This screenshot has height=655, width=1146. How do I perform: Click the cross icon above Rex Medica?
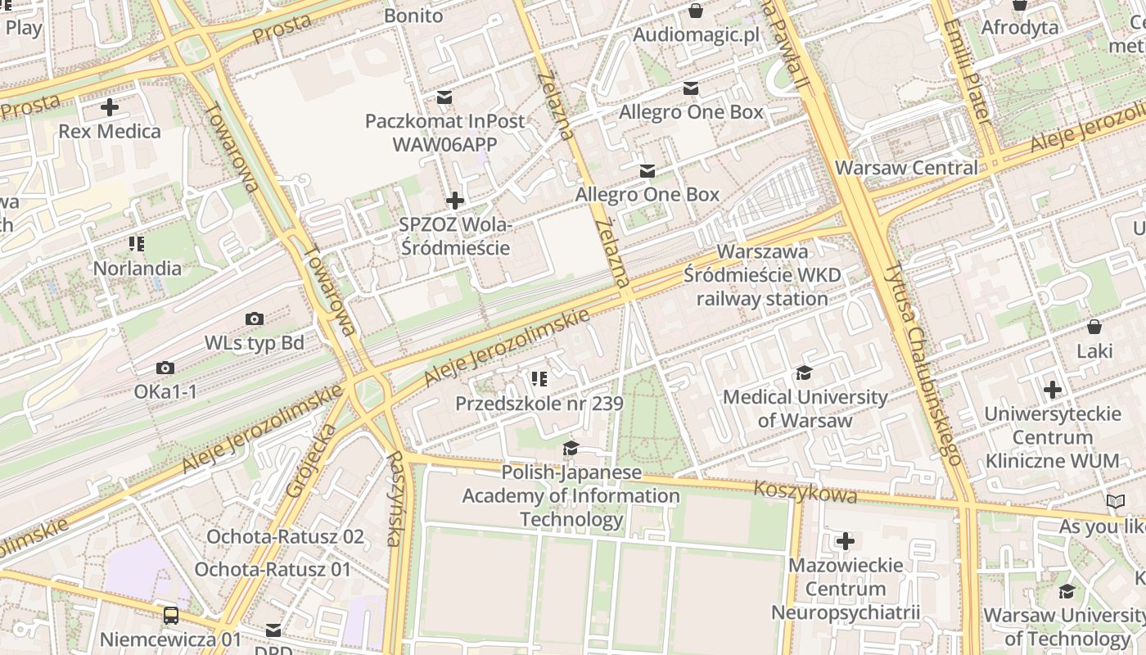pos(110,107)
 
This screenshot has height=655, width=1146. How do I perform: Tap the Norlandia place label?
pos(138,268)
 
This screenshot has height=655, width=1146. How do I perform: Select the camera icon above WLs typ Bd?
pos(255,318)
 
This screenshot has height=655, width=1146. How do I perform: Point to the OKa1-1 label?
pos(165,392)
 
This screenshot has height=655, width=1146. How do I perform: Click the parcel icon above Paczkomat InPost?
pos(444,97)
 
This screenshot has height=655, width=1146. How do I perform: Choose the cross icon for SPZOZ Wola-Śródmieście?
pos(455,201)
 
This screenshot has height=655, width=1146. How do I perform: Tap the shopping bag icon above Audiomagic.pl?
pos(696,11)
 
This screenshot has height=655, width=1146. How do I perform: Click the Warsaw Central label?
pos(906,168)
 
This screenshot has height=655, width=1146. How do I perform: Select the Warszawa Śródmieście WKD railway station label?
pos(762,275)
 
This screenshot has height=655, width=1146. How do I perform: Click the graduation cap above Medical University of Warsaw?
pos(805,373)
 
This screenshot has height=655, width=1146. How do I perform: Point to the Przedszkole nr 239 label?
pos(539,404)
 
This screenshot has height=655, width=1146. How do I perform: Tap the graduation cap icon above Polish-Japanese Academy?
pos(571,449)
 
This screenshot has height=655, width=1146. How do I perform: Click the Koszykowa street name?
pos(805,493)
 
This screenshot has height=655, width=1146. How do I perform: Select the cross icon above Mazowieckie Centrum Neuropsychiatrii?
pos(846,541)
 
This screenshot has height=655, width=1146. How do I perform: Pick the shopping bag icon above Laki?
pos(1094,327)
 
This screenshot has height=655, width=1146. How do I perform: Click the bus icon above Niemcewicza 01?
pos(170,615)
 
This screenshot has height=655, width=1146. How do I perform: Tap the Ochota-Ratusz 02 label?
pos(285,537)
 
